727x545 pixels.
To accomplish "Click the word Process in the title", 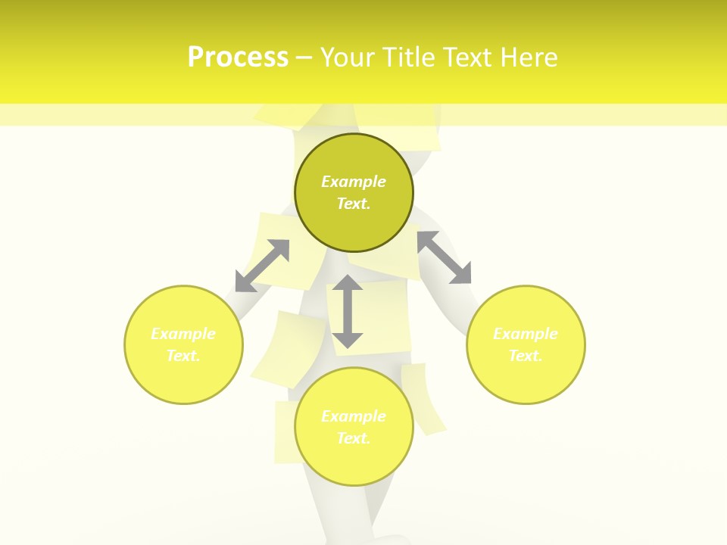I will pos(238,57).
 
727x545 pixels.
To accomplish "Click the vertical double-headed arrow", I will pos(348,312).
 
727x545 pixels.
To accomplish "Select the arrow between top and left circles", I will pos(262,266).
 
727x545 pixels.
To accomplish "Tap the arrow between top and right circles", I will pos(445,257).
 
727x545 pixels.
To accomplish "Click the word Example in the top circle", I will pos(354,182).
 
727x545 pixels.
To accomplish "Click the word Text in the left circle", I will pos(183,356).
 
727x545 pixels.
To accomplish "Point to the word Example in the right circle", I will pos(526,334).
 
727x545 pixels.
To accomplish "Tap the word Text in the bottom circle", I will pos(354,438).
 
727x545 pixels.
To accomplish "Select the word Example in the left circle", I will pos(183,334).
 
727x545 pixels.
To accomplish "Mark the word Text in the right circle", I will pos(526,356).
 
